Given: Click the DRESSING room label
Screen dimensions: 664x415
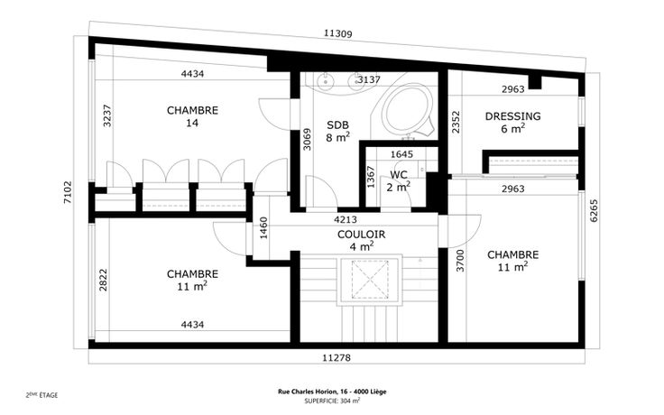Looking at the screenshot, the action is point(512,116).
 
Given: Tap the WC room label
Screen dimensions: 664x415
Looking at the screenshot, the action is point(399,174).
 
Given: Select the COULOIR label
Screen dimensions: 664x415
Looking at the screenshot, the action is point(361,235).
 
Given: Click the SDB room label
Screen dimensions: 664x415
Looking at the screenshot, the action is point(338,124).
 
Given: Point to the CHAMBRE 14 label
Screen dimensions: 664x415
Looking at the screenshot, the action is point(192,116).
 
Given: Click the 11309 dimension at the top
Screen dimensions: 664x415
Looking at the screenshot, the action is point(338,33).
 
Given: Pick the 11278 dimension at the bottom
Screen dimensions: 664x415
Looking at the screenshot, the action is point(337,358).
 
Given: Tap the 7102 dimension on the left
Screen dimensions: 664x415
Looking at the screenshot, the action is point(68,193).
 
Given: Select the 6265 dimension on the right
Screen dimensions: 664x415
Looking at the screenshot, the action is point(594,210).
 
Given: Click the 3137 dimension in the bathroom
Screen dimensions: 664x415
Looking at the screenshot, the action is point(369,79).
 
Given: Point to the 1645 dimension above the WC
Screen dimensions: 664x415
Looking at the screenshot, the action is point(401,154).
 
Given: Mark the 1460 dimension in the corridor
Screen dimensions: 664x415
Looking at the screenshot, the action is point(263,228).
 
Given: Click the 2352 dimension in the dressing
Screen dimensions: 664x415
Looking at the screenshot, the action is point(456,122).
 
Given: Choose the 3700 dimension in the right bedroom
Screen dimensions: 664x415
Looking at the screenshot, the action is point(460,261).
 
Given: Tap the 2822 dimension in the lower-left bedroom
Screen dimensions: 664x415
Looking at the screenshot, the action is point(103,280).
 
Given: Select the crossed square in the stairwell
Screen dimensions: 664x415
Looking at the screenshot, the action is point(370,280).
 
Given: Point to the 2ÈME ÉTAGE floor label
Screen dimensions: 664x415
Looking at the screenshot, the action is point(41,395).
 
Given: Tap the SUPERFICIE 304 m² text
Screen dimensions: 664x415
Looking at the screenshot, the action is point(332,401).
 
